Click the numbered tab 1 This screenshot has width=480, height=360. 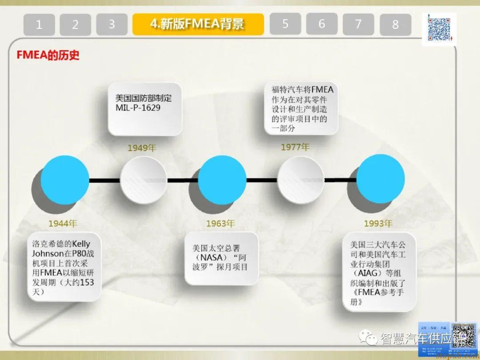pos(39,24)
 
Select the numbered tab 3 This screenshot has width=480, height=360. pos(112,24)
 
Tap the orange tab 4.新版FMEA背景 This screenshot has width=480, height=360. pos(198,24)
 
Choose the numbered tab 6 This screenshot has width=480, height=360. pos(321,24)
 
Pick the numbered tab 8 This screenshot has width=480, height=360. pos(395,24)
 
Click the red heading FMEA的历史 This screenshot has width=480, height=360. pos(48,56)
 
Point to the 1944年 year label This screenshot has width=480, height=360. pos(63,223)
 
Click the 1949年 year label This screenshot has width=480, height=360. pos(142,148)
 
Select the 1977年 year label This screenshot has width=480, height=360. pos(295,147)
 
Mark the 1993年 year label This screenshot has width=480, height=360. pos(378,224)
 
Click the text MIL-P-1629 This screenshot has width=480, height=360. pos(138,108)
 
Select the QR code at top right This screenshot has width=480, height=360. pos(439,28)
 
